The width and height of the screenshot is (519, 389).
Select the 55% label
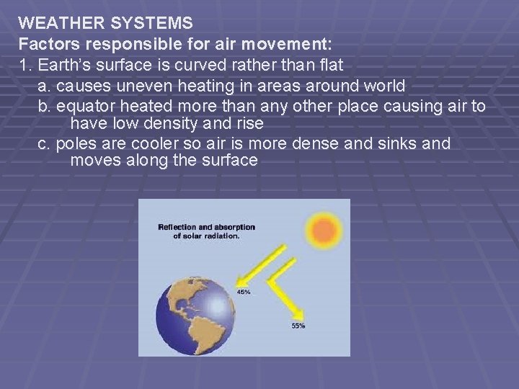pos(298,326)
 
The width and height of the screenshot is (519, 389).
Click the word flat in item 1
pos(330,65)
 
